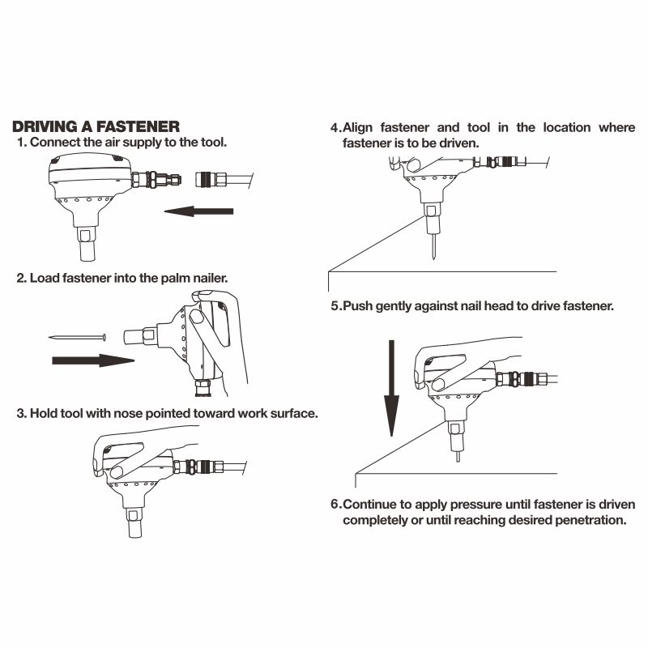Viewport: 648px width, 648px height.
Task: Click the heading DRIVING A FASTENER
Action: pyautogui.click(x=96, y=126)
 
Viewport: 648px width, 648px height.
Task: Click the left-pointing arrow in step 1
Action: pyautogui.click(x=198, y=211)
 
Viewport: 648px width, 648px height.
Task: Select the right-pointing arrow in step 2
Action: pyautogui.click(x=93, y=360)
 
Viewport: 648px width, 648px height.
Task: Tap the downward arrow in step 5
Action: pyautogui.click(x=391, y=389)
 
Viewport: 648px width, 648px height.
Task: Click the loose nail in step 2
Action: pyautogui.click(x=77, y=338)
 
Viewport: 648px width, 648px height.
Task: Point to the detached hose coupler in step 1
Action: pyautogui.click(x=224, y=180)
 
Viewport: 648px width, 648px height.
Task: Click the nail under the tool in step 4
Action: pyautogui.click(x=433, y=246)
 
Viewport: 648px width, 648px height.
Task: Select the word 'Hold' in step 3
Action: pyautogui.click(x=44, y=413)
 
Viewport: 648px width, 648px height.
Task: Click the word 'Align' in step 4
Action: pyautogui.click(x=358, y=128)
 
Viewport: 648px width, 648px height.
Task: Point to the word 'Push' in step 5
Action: pyautogui.click(x=358, y=306)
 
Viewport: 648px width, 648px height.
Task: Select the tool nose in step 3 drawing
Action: pyautogui.click(x=135, y=522)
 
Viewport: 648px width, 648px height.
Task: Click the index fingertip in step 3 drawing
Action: pyautogui.click(x=117, y=472)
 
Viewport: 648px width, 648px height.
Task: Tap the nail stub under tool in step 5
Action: pyautogui.click(x=458, y=457)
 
